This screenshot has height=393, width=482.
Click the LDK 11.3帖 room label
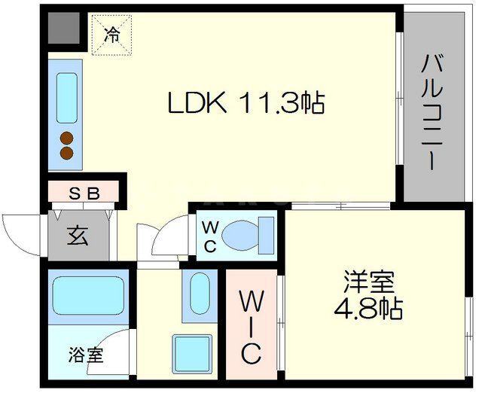pos(246,102)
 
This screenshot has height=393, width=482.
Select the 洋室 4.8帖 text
pos(369,296)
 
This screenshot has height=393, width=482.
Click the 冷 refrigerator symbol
pos(111,34)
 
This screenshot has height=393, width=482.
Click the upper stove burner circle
pos(67,139)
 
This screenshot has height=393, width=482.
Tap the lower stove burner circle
pos(67,154)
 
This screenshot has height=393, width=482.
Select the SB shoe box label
pos(84,193)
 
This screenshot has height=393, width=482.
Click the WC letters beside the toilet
pos(210,236)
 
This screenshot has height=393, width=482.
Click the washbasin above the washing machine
pos(200,293)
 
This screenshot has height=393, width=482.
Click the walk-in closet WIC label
pos(250,327)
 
